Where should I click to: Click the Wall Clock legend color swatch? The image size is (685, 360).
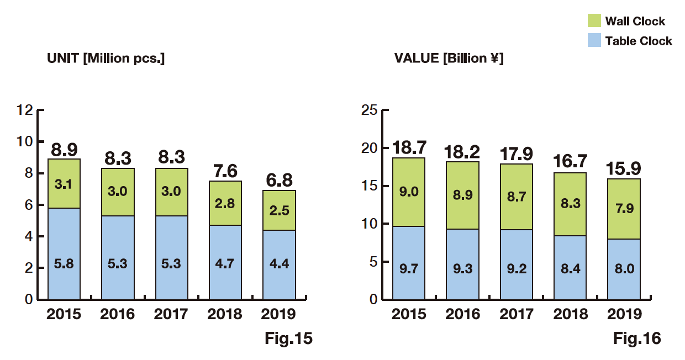594,21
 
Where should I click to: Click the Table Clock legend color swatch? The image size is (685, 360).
594,40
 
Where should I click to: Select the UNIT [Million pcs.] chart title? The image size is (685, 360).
106,59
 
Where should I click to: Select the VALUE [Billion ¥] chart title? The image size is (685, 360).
449,59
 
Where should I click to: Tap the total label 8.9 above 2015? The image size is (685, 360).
64,150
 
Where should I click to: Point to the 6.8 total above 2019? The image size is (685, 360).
279,181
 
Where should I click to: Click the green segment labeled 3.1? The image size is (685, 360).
64,183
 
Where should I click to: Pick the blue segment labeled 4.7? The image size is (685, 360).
225,262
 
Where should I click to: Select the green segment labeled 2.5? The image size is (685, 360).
279,210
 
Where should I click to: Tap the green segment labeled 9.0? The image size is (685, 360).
409,192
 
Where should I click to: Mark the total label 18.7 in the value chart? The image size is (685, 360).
409,147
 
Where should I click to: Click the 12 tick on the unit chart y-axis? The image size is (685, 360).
25,110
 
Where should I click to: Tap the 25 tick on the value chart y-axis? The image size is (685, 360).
369,110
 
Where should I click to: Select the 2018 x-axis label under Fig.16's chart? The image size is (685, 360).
571,314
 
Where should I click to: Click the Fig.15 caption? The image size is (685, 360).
288,338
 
